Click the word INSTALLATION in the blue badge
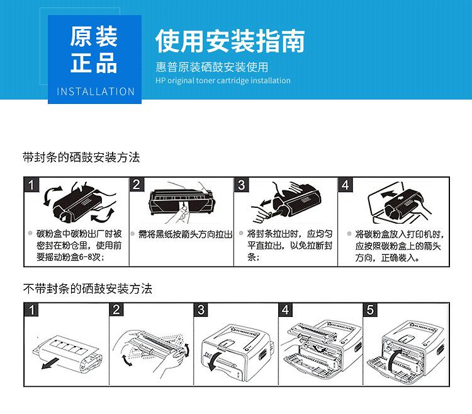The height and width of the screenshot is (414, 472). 96,91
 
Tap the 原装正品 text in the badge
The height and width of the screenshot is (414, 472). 94,50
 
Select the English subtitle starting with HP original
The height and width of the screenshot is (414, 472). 223,81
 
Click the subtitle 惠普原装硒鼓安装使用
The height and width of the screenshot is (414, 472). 212,67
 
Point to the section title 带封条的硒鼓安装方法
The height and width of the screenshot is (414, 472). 81,158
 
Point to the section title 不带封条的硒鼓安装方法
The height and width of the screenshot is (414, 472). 87,289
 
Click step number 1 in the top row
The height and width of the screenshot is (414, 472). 32,185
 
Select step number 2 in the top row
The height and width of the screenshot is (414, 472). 137,185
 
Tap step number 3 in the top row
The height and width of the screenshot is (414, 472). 242,185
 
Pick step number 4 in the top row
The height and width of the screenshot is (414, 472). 346,185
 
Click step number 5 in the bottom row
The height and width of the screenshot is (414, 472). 371,309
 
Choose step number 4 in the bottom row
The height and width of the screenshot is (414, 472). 286,309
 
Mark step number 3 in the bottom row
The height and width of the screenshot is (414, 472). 201,309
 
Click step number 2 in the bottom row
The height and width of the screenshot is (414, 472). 117,309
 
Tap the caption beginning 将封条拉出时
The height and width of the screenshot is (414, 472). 289,245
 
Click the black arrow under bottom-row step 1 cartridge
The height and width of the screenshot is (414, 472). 50,365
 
